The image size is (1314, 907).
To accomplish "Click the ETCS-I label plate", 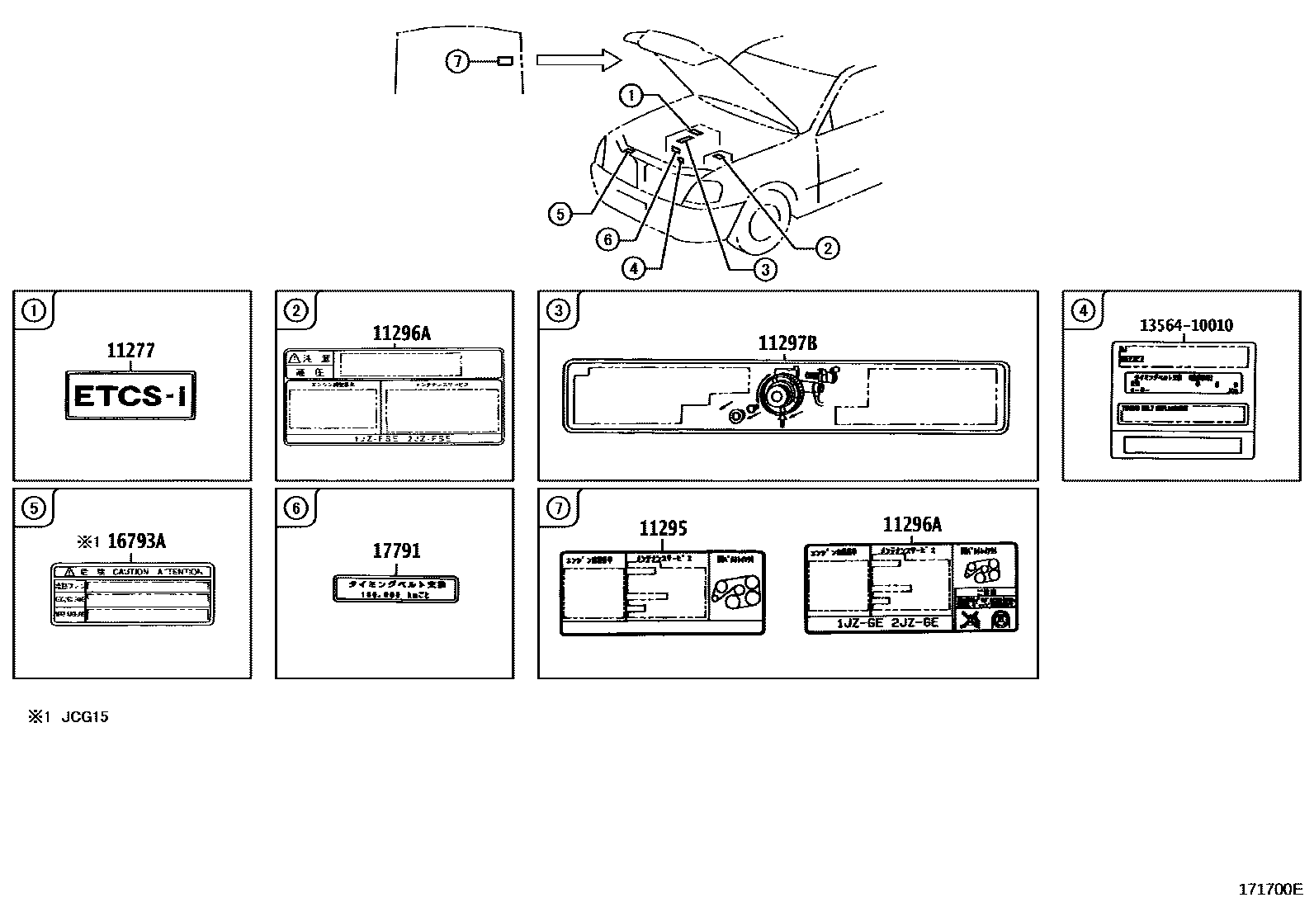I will (x=130, y=396).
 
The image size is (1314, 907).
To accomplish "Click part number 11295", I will (x=663, y=529).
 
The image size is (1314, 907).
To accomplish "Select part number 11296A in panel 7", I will (x=911, y=525).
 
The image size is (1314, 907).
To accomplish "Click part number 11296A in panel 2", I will (x=401, y=333).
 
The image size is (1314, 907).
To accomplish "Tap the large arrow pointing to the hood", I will (x=578, y=59).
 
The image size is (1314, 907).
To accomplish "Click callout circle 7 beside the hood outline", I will (x=457, y=60).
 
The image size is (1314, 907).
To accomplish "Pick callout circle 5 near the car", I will (x=560, y=214).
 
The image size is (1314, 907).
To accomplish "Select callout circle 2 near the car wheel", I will (x=827, y=247).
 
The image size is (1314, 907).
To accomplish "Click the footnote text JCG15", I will (x=84, y=716).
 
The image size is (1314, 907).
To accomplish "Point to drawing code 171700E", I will (x=1269, y=889).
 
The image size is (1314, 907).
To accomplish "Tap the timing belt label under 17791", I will (x=395, y=589).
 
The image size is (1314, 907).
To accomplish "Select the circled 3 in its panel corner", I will (x=558, y=310).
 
